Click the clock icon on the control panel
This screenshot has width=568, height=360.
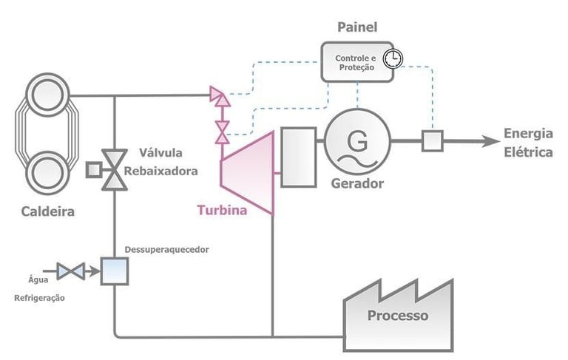(396, 58)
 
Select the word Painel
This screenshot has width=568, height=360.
(356, 28)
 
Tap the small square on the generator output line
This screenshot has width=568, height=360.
(431, 140)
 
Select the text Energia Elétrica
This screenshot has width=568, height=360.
(528, 143)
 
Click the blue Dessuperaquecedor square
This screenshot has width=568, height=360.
(115, 271)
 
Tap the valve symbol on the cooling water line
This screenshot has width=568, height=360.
(72, 271)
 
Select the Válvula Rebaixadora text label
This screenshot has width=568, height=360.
(169, 163)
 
